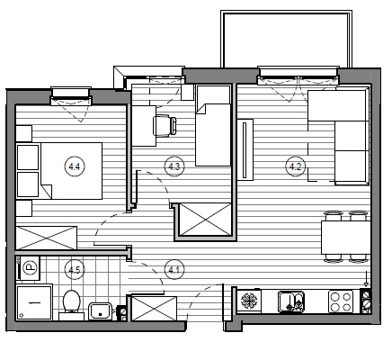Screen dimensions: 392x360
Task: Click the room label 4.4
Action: pos(75,166)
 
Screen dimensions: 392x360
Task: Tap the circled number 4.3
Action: pos(174,166)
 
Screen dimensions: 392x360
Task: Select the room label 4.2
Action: pos(296,166)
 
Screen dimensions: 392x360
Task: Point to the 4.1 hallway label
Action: pos(174,270)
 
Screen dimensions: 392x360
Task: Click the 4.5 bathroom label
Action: pos(75,270)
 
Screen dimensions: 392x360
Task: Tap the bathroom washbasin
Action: pos(101,311)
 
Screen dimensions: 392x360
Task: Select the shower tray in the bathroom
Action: pos(34,302)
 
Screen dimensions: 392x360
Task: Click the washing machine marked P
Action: pos(30,267)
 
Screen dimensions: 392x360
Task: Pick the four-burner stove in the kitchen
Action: pos(341,301)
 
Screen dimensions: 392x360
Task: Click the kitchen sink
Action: pos(291,301)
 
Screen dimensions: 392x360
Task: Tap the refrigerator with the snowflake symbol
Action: pos(248,301)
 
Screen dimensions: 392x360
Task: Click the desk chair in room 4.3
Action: pos(165,126)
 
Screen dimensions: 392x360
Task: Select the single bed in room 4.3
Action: pos(213,125)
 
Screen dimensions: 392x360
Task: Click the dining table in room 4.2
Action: pos(346,238)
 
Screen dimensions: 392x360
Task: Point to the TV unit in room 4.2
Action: pos(245,149)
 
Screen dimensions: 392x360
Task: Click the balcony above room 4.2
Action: pos(286,39)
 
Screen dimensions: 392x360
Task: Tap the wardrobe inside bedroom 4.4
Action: pos(47,238)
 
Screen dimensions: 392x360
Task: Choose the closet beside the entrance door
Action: pos(154,309)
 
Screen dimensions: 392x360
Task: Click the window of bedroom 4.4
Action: pos(71,96)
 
